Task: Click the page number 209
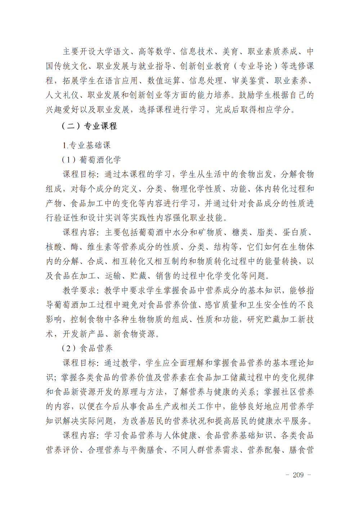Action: pyautogui.click(x=298, y=475)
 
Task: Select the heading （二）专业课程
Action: pyautogui.click(x=89, y=126)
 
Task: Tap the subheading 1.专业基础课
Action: pyautogui.click(x=86, y=145)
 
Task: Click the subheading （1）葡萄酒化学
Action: pyautogui.click(x=91, y=160)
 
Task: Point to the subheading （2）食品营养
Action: pyautogui.click(x=87, y=348)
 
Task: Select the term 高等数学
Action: pyautogui.click(x=155, y=52)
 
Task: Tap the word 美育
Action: pyautogui.click(x=230, y=52)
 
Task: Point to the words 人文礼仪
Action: pyautogui.click(x=62, y=95)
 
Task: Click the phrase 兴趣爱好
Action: pyautogui.click(x=62, y=110)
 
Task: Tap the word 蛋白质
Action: pyautogui.click(x=295, y=233)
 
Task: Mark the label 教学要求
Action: pyautogui.click(x=79, y=290)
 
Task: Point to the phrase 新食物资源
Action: pyautogui.click(x=135, y=334)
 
